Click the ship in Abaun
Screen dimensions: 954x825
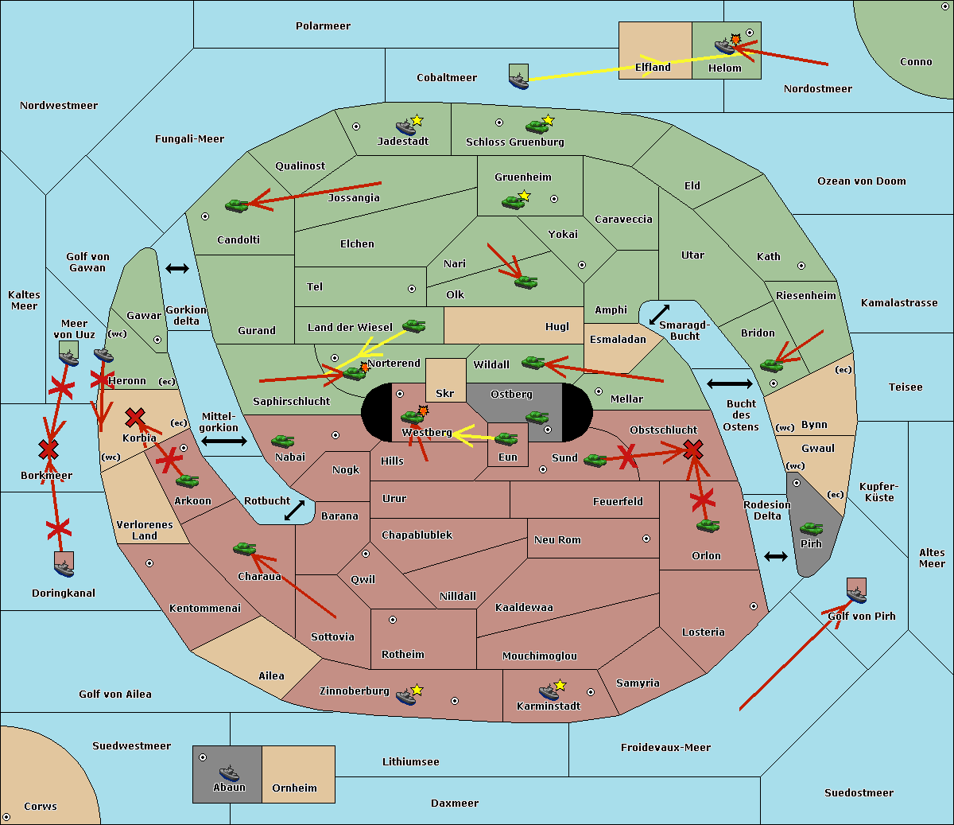tap(229, 772)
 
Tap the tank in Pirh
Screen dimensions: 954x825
tap(811, 529)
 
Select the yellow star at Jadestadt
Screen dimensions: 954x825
tap(417, 121)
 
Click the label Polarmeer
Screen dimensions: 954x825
tap(323, 26)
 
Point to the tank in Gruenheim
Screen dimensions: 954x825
tap(514, 202)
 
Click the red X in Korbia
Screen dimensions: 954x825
tap(135, 417)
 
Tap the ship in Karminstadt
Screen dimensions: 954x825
tap(549, 692)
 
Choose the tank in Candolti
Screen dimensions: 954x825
tap(236, 205)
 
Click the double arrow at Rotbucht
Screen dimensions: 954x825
tap(294, 510)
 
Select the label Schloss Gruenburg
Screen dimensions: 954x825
tap(515, 142)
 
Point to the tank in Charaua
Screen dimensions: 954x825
tap(245, 549)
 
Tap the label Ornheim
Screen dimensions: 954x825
tap(294, 788)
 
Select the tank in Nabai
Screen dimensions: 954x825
tap(282, 441)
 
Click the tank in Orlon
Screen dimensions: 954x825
tap(708, 526)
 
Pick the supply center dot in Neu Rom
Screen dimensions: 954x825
tap(646, 539)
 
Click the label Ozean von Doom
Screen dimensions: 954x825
tap(862, 181)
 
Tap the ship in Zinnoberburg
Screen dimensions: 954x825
tap(406, 697)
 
